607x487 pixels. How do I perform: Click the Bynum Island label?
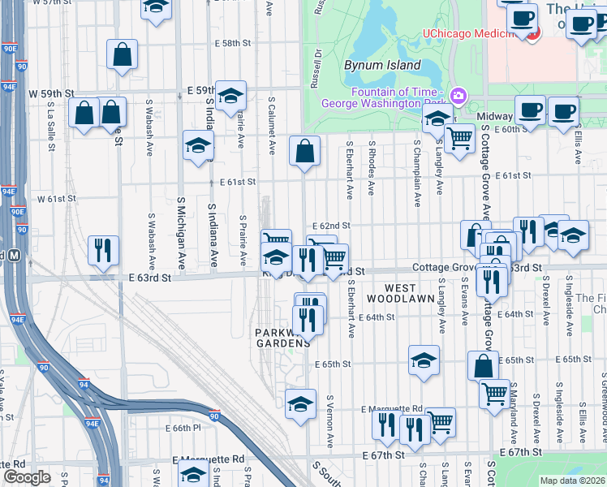point(382,65)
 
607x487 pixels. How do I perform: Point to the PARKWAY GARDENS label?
point(282,338)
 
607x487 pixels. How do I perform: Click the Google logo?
point(27,476)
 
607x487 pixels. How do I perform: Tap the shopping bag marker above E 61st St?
point(304,151)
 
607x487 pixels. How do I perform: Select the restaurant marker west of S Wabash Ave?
point(103,250)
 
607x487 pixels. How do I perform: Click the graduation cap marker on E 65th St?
point(423,361)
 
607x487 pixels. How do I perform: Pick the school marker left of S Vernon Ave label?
point(300,403)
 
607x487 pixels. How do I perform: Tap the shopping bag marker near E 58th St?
point(122,54)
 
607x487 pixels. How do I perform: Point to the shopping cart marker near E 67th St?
point(441,421)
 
